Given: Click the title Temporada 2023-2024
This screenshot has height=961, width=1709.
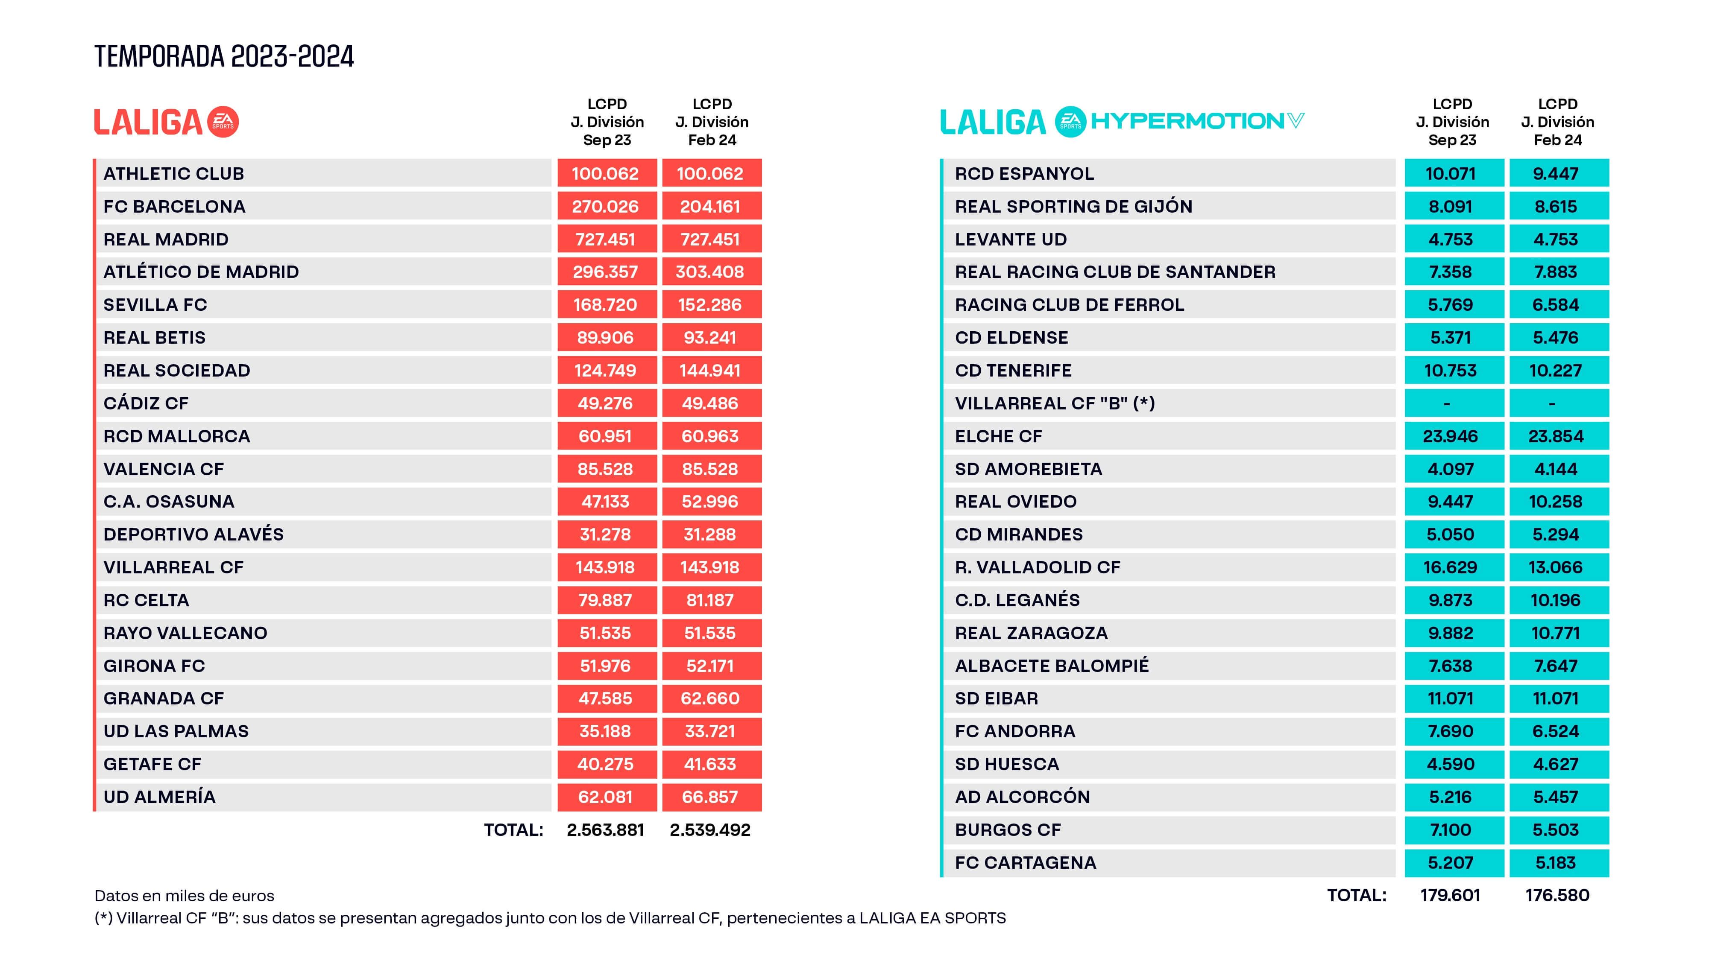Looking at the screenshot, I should tap(224, 56).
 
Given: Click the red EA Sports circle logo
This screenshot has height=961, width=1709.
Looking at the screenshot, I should tap(223, 122).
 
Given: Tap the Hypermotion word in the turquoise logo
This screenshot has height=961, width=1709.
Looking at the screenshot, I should tap(1187, 121).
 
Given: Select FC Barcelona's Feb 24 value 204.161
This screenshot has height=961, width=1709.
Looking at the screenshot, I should tap(710, 206).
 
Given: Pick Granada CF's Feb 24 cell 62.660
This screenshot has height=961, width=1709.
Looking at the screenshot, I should tap(710, 698).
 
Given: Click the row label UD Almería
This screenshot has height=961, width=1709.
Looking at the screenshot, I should tap(159, 797).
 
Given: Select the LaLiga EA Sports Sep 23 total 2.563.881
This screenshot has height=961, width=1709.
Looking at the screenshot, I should tap(605, 830).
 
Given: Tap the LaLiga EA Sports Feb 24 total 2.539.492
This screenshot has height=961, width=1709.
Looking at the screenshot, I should tap(710, 830).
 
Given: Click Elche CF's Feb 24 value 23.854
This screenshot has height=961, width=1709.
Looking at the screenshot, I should tap(1556, 436).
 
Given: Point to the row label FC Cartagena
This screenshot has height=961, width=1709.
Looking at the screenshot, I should tap(1025, 863).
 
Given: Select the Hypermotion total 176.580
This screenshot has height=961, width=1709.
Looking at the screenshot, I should tap(1557, 895).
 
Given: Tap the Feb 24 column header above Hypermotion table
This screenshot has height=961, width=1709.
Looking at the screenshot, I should tap(1557, 122).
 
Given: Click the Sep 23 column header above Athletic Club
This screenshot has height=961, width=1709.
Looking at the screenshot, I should tap(607, 122).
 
